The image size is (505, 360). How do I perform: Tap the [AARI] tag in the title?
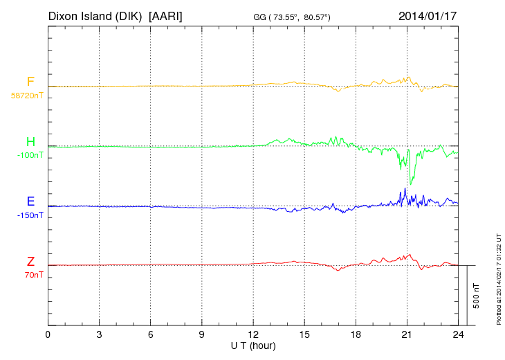(x=166, y=15)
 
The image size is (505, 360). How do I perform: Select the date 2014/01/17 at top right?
(x=427, y=15)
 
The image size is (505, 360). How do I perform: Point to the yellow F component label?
(x=30, y=82)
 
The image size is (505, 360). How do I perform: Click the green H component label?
(x=30, y=143)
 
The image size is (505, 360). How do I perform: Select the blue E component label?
(x=30, y=202)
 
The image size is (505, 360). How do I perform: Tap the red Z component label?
(x=30, y=262)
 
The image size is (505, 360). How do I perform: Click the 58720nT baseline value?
(x=26, y=96)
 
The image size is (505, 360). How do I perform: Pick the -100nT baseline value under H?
(x=30, y=155)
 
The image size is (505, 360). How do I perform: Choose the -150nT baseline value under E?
(x=30, y=215)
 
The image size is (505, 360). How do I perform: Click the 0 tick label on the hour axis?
(x=48, y=335)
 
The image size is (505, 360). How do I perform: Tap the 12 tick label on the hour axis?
(x=253, y=335)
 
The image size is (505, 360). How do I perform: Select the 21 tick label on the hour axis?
(x=407, y=335)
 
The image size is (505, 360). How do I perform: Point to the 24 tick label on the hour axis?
(x=458, y=335)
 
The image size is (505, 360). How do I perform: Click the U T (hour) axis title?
(x=253, y=345)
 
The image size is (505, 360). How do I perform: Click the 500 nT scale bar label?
(x=477, y=296)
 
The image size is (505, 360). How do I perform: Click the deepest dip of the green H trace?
(x=412, y=183)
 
